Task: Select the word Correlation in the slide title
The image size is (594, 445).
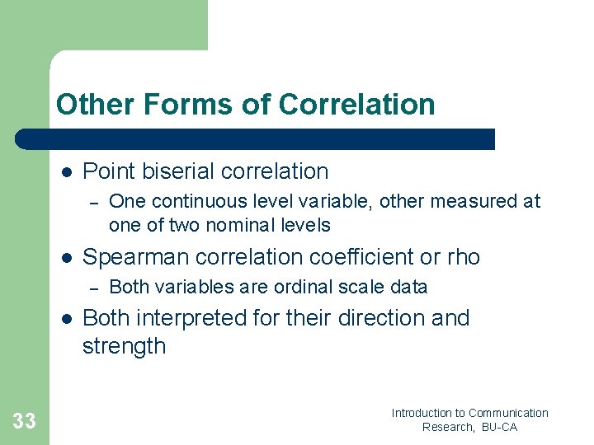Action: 356,105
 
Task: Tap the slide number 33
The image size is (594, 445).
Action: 24,422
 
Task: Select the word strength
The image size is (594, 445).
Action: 124,346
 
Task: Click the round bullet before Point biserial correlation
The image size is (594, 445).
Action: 67,172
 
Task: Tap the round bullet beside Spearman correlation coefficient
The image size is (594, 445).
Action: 67,258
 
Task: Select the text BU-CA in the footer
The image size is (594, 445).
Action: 499,427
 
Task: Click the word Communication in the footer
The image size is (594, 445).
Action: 508,413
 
